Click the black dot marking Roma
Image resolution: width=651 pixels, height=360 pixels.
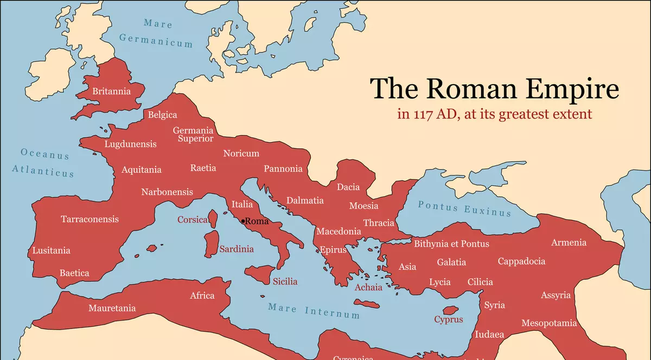(x=243, y=221)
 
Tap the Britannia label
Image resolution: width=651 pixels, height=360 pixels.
(x=112, y=91)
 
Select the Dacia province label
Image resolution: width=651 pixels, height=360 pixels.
(x=348, y=187)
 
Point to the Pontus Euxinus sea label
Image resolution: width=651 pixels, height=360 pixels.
(x=464, y=208)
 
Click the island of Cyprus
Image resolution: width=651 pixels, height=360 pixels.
(x=450, y=311)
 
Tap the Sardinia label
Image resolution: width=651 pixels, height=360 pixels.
(x=237, y=249)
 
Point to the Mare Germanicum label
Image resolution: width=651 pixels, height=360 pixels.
(x=156, y=33)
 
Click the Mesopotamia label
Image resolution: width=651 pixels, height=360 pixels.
(x=549, y=323)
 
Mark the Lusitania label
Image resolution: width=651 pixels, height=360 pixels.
(x=51, y=250)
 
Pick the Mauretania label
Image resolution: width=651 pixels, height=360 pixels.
(x=112, y=308)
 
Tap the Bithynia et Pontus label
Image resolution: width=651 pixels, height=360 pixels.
(x=451, y=243)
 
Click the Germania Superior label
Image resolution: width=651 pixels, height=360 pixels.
(x=193, y=134)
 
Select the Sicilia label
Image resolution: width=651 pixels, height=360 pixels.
(x=285, y=281)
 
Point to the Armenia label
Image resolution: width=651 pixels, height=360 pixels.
(x=569, y=242)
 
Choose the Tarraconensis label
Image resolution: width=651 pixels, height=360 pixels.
(x=90, y=219)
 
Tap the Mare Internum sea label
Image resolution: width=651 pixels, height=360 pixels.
(x=314, y=311)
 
